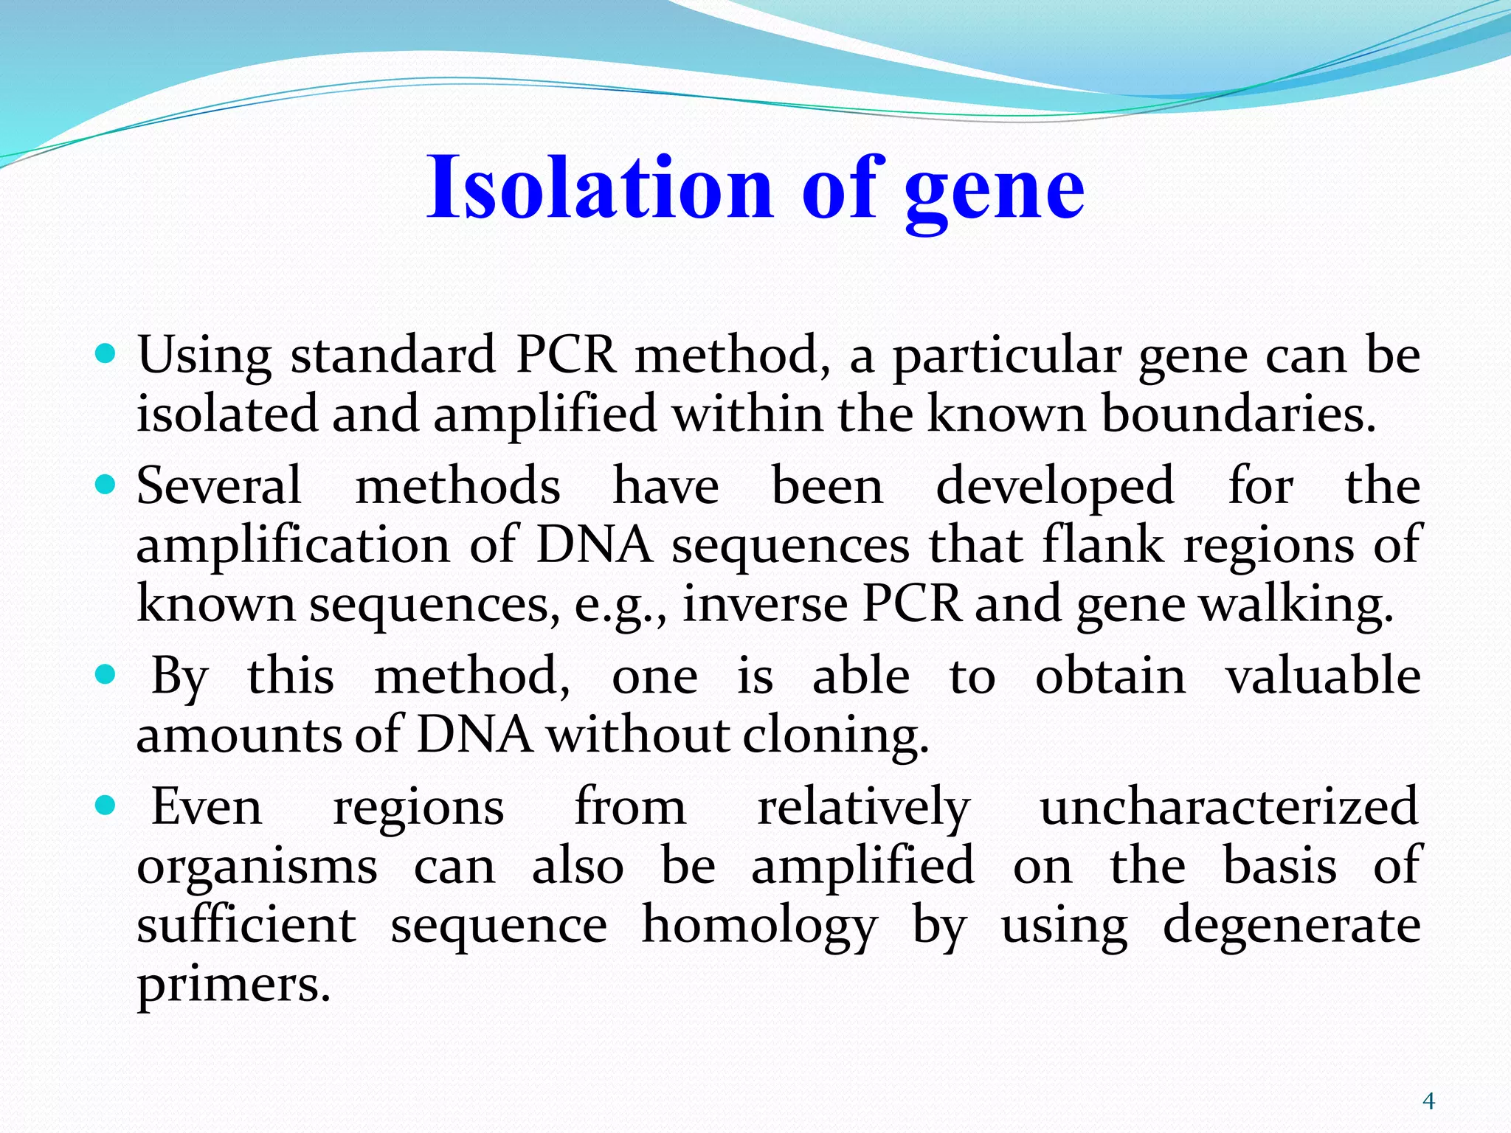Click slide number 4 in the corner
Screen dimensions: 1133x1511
point(1428,1101)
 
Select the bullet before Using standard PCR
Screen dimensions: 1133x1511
point(106,354)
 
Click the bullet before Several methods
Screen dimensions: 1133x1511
point(106,485)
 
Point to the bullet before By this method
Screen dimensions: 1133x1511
point(106,674)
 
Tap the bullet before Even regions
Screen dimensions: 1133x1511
point(106,805)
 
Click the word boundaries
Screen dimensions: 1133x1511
point(1239,414)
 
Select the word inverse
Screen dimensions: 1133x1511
point(764,604)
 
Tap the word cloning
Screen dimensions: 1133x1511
point(835,736)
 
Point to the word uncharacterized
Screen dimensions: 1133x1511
point(1229,806)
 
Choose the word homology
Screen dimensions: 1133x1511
point(759,926)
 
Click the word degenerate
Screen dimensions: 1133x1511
point(1292,926)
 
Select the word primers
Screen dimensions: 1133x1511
point(233,985)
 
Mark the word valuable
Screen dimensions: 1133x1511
point(1323,675)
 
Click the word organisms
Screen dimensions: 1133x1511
point(257,867)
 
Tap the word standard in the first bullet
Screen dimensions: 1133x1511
point(393,356)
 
